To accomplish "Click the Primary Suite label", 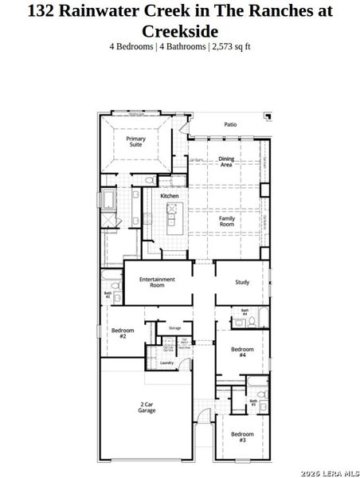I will (136, 142).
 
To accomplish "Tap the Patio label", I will (230, 124).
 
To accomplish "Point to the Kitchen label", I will (169, 196).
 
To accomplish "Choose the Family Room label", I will (227, 221).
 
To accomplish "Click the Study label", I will (242, 282).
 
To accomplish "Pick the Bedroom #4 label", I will (241, 351).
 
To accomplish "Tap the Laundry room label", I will (166, 362).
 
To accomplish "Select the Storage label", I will (174, 327).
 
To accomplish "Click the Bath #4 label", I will (245, 313).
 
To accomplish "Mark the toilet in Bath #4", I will (252, 322).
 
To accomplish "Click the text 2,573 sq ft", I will (231, 46).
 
